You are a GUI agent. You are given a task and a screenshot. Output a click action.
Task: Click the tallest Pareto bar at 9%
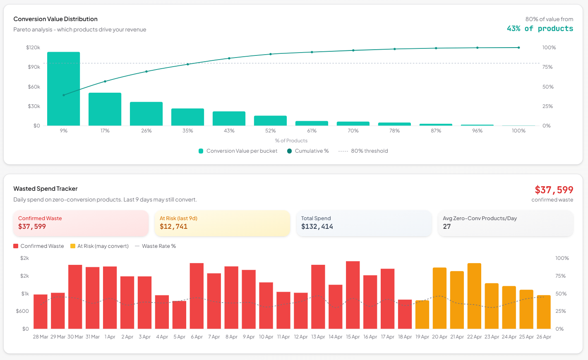pyautogui.click(x=63, y=89)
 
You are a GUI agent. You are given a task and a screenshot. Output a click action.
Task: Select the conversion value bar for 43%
pyautogui.click(x=229, y=118)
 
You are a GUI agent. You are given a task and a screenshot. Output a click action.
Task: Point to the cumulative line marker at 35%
pyautogui.click(x=187, y=64)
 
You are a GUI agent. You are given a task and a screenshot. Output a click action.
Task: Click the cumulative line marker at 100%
pyautogui.click(x=518, y=48)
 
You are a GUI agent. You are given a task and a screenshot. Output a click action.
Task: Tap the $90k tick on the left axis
pyautogui.click(x=34, y=67)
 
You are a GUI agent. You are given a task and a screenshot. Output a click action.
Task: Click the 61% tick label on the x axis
pyautogui.click(x=312, y=131)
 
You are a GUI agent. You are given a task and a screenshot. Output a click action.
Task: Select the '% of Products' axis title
pyautogui.click(x=291, y=141)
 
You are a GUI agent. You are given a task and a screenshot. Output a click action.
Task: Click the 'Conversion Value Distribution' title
pyautogui.click(x=55, y=19)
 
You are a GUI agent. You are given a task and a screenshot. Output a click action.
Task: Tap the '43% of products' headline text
pyautogui.click(x=540, y=29)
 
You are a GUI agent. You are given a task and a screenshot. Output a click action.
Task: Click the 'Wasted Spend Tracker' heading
pyautogui.click(x=46, y=189)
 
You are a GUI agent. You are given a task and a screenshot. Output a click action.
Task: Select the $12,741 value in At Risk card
pyautogui.click(x=173, y=226)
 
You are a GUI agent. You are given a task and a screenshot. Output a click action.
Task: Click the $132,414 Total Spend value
pyautogui.click(x=317, y=226)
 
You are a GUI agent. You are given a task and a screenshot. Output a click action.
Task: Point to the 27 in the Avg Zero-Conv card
pyautogui.click(x=446, y=226)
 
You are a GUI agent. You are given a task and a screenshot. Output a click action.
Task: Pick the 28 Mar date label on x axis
pyautogui.click(x=41, y=337)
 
